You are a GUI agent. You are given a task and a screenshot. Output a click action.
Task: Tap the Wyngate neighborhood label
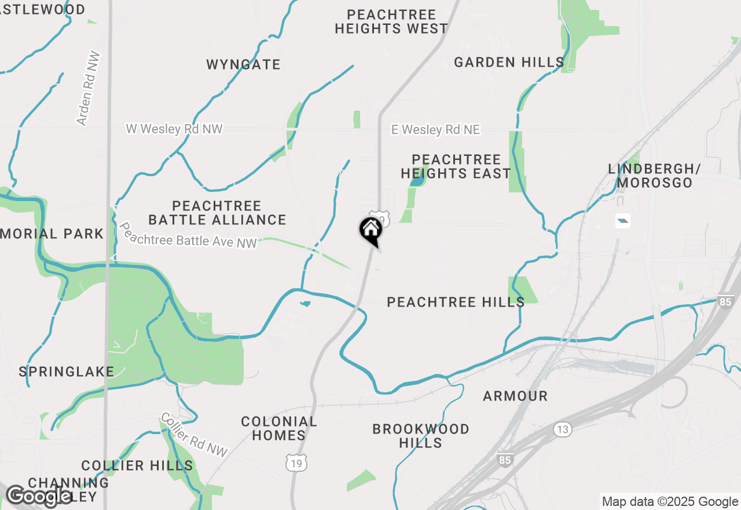click(x=243, y=64)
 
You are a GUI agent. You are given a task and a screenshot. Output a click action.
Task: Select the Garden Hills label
click(x=509, y=62)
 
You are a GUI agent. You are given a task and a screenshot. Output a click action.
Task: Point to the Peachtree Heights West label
click(x=391, y=21)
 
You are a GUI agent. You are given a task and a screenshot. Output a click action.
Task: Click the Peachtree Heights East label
click(x=456, y=166)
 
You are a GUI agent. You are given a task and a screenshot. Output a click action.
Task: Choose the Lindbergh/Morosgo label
click(x=654, y=176)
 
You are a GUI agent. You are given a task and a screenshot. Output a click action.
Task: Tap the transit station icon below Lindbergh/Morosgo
click(x=623, y=221)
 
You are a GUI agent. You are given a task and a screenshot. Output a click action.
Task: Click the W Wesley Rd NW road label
click(x=174, y=129)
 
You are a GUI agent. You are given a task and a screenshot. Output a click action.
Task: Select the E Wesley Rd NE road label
click(x=435, y=130)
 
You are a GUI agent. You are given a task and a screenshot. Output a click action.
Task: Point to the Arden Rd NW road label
click(x=89, y=89)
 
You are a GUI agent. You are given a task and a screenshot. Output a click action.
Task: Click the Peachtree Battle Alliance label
click(x=217, y=213)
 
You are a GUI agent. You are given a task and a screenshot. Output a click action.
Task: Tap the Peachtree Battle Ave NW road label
click(x=187, y=235)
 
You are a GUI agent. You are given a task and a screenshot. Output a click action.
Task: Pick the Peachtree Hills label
click(x=456, y=302)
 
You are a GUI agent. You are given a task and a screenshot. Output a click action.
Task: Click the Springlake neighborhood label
click(x=67, y=371)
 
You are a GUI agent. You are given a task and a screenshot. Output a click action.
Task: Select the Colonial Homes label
click(x=279, y=428)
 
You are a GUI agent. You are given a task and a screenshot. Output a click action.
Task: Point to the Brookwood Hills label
click(x=421, y=436)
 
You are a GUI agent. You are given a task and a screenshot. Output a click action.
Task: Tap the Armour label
click(x=515, y=396)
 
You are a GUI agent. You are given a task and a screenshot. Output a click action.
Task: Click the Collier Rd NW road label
click(x=195, y=434)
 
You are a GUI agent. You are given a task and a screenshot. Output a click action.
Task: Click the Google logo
click(x=39, y=496)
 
